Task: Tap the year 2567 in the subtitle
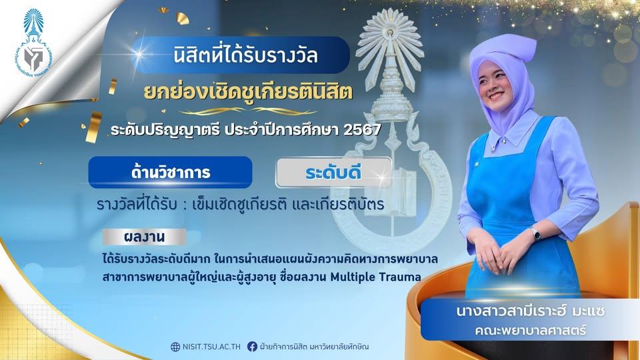pyautogui.click(x=362, y=130)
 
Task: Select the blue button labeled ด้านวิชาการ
pyautogui.click(x=170, y=172)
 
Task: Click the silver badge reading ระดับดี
pyautogui.click(x=333, y=173)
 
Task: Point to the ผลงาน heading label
pyautogui.click(x=144, y=237)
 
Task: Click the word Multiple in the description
pyautogui.click(x=352, y=277)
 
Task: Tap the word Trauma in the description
pyautogui.click(x=400, y=277)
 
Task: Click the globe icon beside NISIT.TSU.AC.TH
pyautogui.click(x=175, y=347)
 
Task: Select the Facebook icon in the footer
pyautogui.click(x=252, y=347)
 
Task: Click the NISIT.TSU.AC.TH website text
pyautogui.click(x=211, y=347)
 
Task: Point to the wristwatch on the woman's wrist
pyautogui.click(x=535, y=234)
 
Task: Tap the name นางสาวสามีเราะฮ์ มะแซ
pyautogui.click(x=531, y=311)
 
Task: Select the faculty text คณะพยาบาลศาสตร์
pyautogui.click(x=531, y=330)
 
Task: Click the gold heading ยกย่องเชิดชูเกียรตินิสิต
pyautogui.click(x=248, y=92)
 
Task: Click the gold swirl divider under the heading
pyautogui.click(x=248, y=111)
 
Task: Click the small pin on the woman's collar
pyautogui.click(x=494, y=147)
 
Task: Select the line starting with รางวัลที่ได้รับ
pyautogui.click(x=241, y=204)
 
